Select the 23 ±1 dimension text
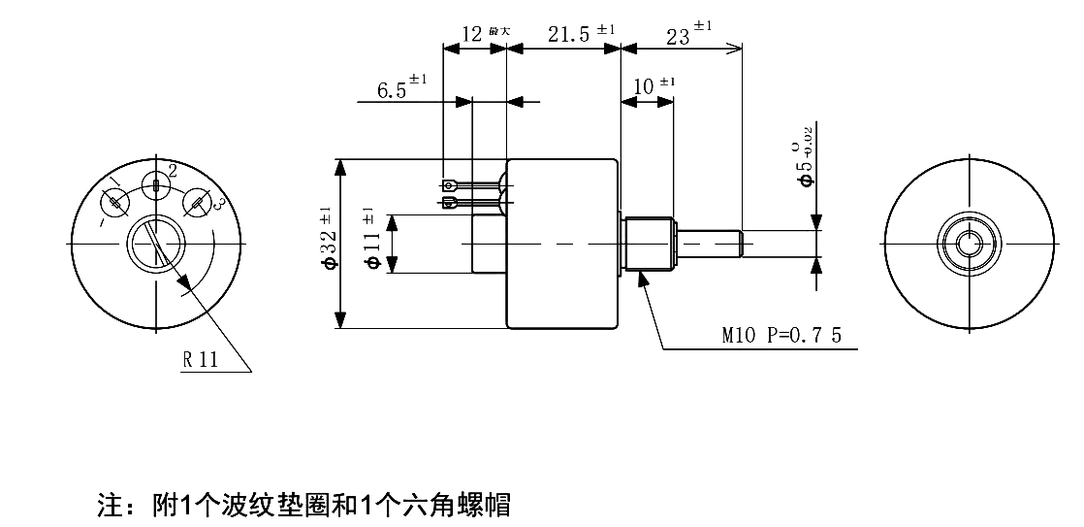[x=689, y=34]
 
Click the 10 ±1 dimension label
[x=654, y=86]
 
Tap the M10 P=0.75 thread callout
[x=781, y=336]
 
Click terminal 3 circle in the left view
[x=197, y=202]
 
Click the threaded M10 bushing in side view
[x=647, y=245]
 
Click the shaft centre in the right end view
[x=969, y=244]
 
